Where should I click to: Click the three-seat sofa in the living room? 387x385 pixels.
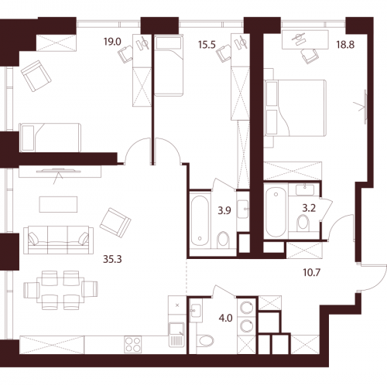57,237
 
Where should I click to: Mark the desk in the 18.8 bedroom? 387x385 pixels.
302,39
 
